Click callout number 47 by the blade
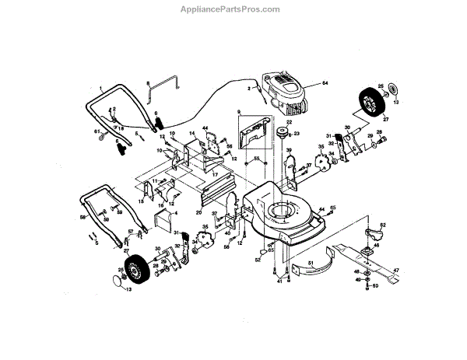pos(395,270)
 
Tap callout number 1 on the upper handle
pos(101,90)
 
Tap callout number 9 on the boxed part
pos(240,113)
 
